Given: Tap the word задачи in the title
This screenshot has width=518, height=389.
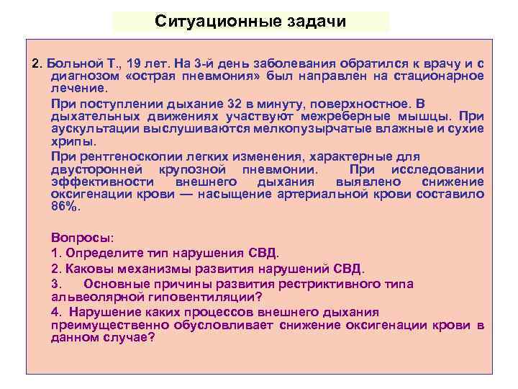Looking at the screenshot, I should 313,21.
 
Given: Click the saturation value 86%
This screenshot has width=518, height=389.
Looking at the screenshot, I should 66,206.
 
